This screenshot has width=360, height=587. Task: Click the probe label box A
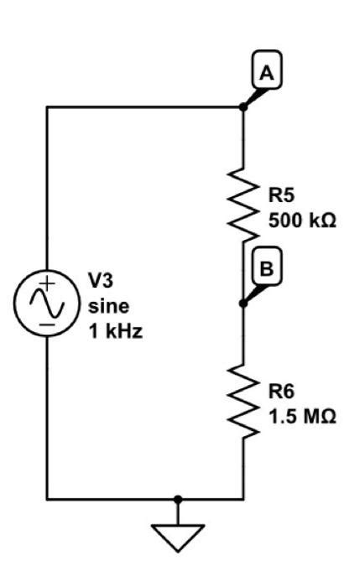(266, 74)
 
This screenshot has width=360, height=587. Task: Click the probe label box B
(266, 269)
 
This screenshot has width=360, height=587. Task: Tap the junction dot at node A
(243, 106)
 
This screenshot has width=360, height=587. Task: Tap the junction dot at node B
(243, 303)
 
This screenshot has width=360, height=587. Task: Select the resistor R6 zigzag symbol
(243, 401)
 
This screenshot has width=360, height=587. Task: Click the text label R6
(281, 392)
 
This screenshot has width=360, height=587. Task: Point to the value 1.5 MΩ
(302, 416)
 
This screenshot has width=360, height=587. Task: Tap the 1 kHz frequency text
(115, 330)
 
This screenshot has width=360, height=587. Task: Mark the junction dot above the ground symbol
(177, 499)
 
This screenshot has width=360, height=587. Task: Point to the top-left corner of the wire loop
(47, 106)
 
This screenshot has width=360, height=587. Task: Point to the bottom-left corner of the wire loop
(47, 499)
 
